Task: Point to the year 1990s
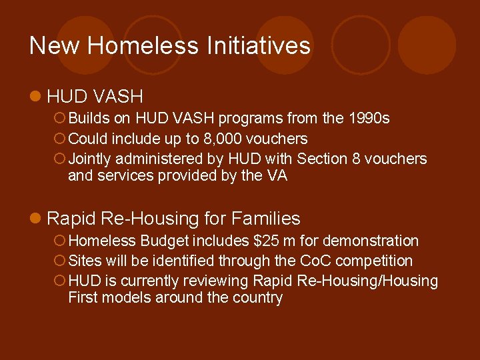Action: [x=369, y=119]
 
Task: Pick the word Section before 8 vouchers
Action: [x=322, y=159]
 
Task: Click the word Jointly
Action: [x=90, y=159]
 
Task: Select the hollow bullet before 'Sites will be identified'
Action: [x=59, y=261]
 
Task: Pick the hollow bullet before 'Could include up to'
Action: [x=59, y=139]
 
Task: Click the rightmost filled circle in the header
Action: [x=427, y=45]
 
